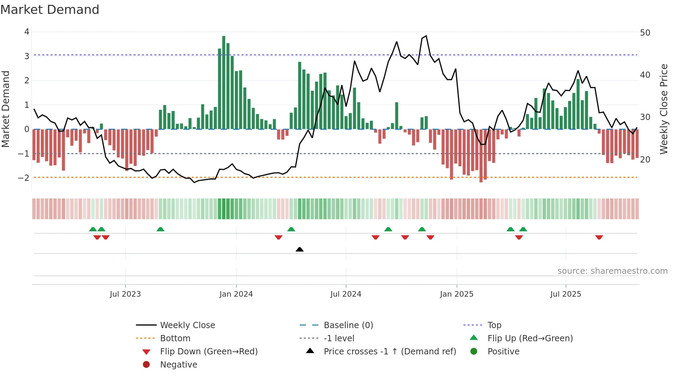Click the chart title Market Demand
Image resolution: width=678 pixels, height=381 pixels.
(50, 10)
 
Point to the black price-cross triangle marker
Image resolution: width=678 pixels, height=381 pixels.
(300, 249)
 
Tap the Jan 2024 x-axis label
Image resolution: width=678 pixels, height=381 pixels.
(236, 294)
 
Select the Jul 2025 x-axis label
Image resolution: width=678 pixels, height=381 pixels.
(566, 294)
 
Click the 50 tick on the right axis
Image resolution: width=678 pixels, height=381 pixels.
(645, 33)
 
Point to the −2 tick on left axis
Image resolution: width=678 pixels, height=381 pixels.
(24, 178)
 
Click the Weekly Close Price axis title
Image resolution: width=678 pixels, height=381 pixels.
(663, 109)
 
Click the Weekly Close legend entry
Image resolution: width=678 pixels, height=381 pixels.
(187, 325)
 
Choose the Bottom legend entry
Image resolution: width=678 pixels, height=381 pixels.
(175, 338)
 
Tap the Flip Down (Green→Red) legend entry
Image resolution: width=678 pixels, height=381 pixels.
(209, 351)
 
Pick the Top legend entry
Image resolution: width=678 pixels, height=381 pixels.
(494, 325)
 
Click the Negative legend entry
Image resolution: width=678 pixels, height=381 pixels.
(178, 364)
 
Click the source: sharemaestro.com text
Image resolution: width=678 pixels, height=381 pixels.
(612, 271)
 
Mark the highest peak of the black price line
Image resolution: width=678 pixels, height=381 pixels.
(426, 36)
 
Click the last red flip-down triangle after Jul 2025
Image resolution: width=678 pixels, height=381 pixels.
(599, 237)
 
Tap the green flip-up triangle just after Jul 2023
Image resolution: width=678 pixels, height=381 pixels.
(160, 229)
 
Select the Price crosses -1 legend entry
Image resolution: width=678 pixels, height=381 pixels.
(390, 351)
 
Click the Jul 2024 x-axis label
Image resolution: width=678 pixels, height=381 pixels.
(346, 294)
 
